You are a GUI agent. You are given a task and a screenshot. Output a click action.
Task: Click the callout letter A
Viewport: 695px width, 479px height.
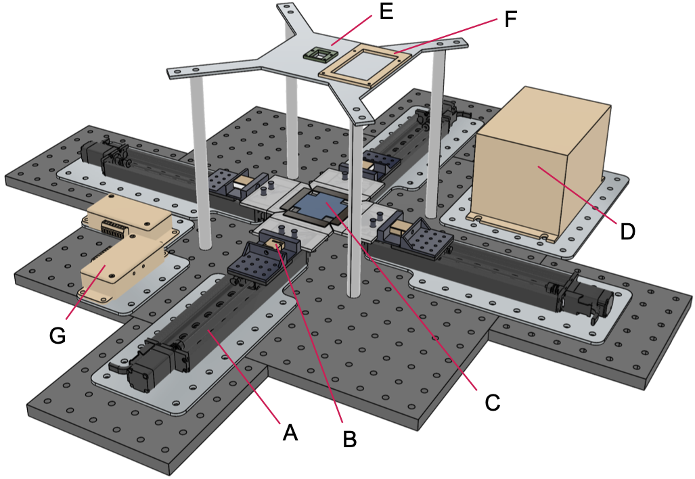(x=290, y=432)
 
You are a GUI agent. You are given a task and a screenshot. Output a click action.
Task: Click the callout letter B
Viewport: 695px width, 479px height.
(x=349, y=439)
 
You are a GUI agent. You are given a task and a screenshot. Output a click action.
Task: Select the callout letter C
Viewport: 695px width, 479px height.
(x=492, y=402)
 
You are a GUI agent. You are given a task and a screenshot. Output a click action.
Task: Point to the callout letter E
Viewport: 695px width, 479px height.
(x=386, y=13)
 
